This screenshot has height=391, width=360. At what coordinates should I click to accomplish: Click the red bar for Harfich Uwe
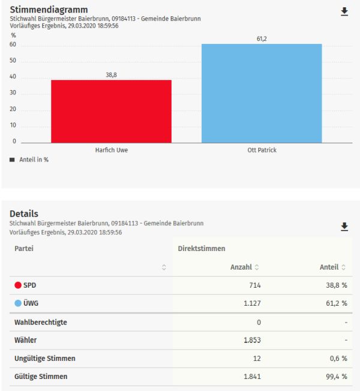(x=111, y=111)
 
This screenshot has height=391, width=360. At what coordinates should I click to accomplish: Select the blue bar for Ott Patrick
(x=262, y=93)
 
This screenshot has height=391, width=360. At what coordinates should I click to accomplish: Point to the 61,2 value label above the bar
(x=262, y=38)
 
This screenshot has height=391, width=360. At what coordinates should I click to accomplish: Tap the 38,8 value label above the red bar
(x=111, y=74)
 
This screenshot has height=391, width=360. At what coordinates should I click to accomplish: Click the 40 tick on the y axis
(x=13, y=77)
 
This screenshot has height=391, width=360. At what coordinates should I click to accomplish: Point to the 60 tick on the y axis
(x=13, y=45)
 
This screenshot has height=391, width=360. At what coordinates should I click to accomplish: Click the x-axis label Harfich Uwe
(x=111, y=150)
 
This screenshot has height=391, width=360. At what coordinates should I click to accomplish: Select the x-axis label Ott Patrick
(x=262, y=150)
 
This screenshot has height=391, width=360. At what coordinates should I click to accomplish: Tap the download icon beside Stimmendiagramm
(x=344, y=11)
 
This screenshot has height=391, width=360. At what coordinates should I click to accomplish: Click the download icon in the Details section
(x=344, y=226)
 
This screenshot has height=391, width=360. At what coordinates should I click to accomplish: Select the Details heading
(x=24, y=214)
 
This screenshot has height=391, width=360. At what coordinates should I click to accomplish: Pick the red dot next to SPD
(x=18, y=285)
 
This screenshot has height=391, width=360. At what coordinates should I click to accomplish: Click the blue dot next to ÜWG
(x=18, y=303)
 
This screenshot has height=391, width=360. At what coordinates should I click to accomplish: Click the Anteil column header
(x=328, y=267)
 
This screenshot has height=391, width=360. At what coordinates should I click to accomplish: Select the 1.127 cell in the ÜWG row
(x=251, y=303)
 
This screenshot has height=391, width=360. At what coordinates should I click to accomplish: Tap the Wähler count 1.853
(x=251, y=341)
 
